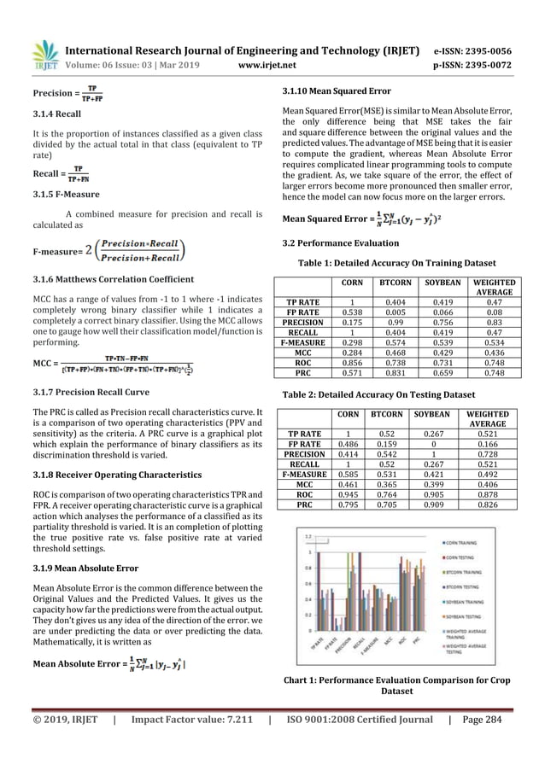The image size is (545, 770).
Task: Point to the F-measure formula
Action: tap(109, 252)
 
